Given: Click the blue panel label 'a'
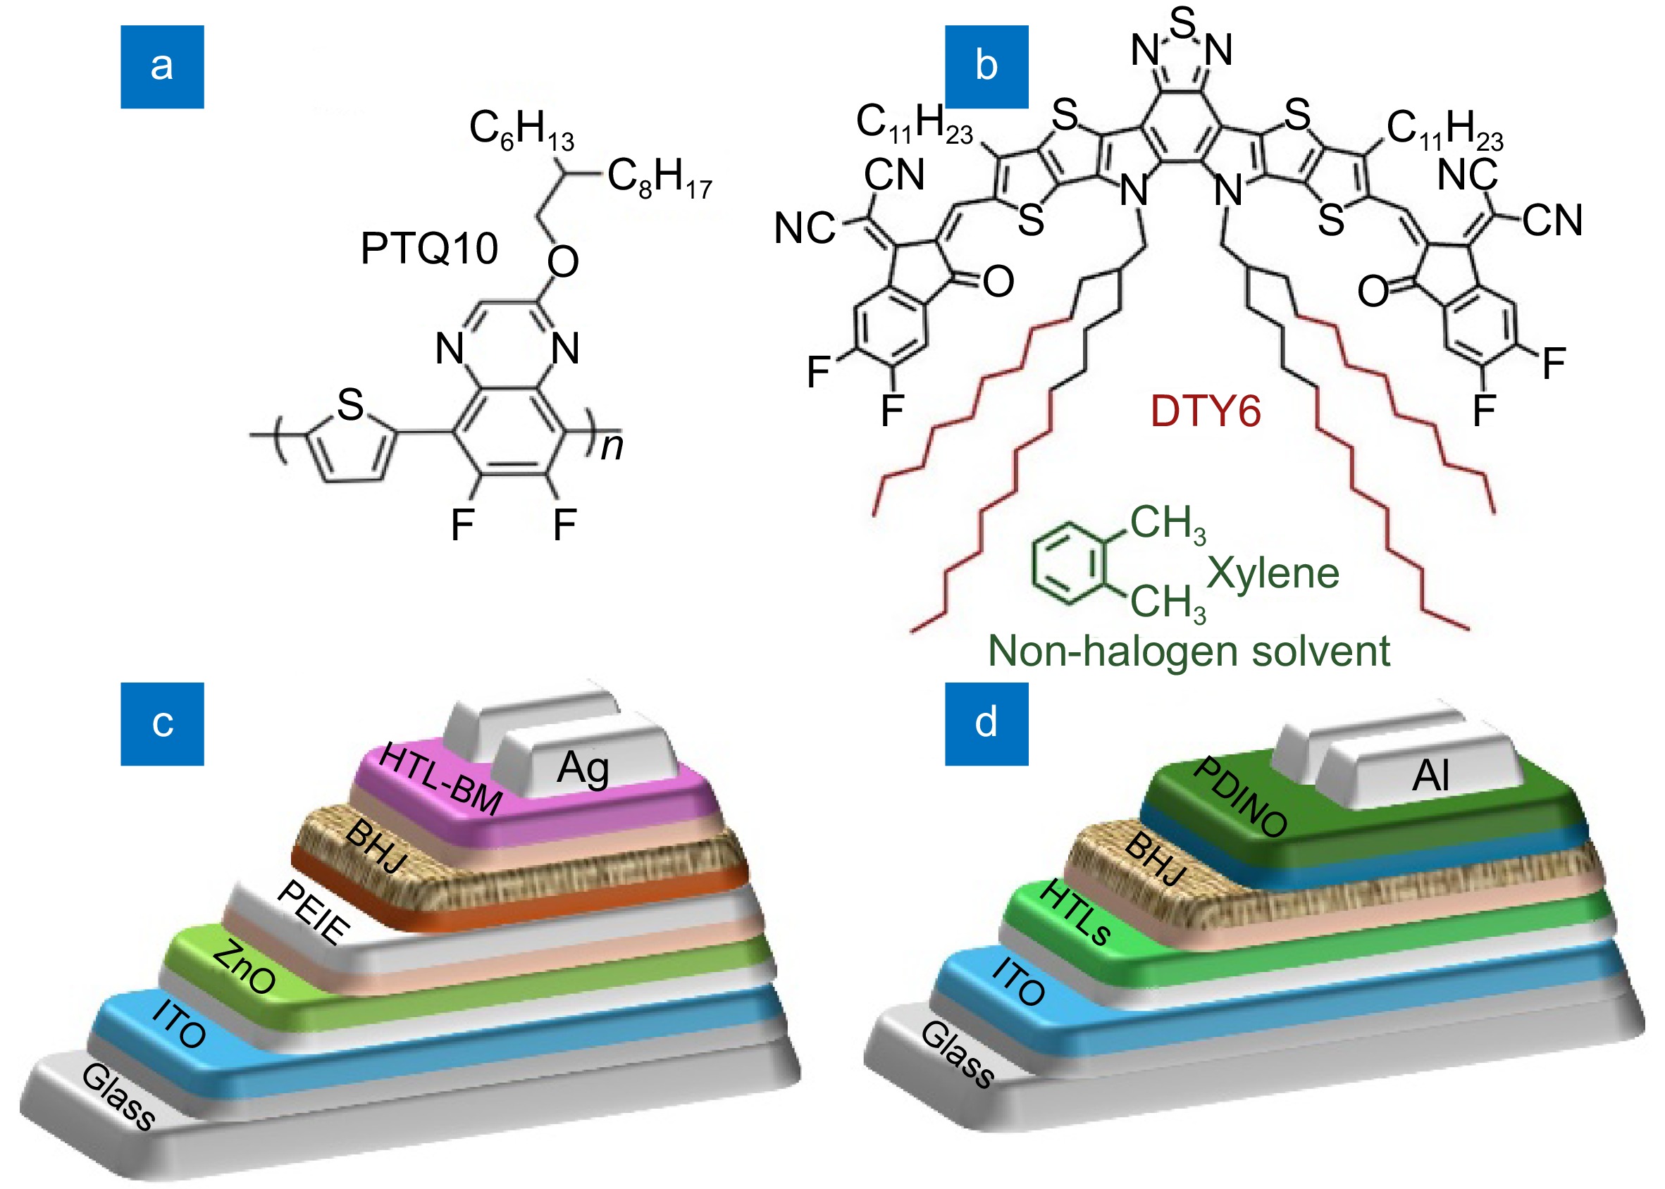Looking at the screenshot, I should pyautogui.click(x=162, y=67).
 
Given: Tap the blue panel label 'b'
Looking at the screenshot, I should pyautogui.click(x=986, y=67).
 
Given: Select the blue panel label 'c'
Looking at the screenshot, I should pyautogui.click(x=162, y=723).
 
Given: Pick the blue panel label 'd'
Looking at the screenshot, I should pyautogui.click(x=986, y=723).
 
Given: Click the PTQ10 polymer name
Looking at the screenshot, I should pyautogui.click(x=429, y=248).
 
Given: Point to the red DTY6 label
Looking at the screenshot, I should pyautogui.click(x=1205, y=411).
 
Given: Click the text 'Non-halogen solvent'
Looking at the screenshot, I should pyautogui.click(x=1189, y=651).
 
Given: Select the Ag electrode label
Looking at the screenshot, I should pyautogui.click(x=583, y=768).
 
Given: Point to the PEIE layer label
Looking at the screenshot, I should pyautogui.click(x=314, y=912).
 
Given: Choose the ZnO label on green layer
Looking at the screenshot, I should pyautogui.click(x=245, y=966).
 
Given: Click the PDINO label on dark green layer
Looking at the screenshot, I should pyautogui.click(x=1240, y=797).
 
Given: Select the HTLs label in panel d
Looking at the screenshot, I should pyautogui.click(x=1075, y=912).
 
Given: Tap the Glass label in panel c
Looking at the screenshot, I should pyautogui.click(x=118, y=1097).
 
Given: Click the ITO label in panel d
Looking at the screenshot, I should pyautogui.click(x=1018, y=982).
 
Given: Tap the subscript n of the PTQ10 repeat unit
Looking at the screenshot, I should pyautogui.click(x=612, y=446).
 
